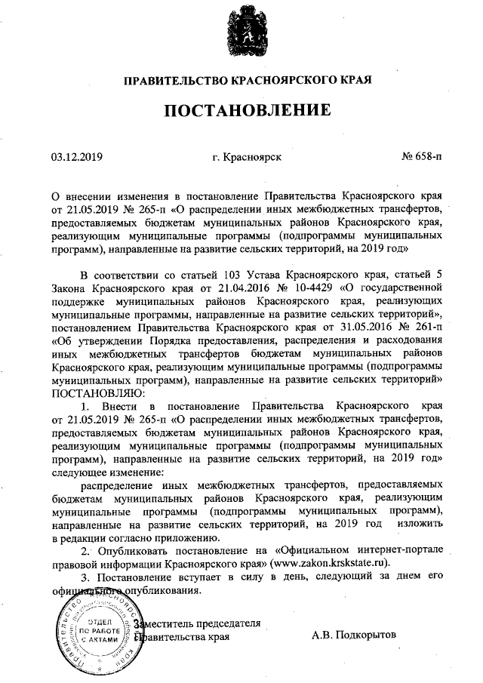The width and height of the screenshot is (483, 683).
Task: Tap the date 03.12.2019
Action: tap(76, 158)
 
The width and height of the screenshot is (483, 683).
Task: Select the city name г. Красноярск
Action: tap(248, 158)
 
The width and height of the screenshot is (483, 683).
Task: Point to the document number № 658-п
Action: tap(422, 158)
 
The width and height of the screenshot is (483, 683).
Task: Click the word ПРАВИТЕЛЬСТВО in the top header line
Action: tap(174, 80)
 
